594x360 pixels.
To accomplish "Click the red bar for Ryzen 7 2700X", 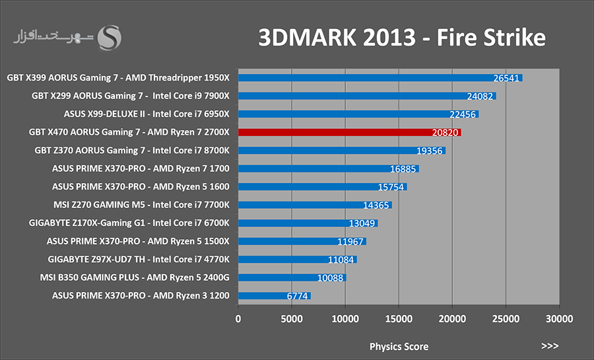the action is [x=350, y=132].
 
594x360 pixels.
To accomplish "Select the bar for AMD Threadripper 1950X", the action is [x=380, y=78].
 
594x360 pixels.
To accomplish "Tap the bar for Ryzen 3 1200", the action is [x=275, y=295].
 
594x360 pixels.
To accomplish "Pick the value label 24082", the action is [x=480, y=96].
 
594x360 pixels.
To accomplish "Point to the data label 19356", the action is [x=429, y=151].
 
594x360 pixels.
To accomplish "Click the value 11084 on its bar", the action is [x=341, y=260].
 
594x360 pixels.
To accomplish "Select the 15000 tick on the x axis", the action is [x=399, y=319].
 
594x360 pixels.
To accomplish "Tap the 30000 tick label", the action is [x=559, y=319].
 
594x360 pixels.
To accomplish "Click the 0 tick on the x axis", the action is [x=238, y=319].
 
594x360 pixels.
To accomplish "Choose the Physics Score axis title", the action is [x=399, y=346].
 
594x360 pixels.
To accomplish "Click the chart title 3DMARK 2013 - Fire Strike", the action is [x=402, y=38].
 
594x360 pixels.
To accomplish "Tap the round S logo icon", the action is [x=110, y=38].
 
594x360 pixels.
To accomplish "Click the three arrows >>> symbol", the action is [x=550, y=345].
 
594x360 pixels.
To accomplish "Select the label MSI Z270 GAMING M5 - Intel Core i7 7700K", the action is [x=141, y=205].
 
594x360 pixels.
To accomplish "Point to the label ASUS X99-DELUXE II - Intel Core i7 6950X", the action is [x=147, y=114].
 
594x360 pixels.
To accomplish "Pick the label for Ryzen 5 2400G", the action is [x=135, y=278].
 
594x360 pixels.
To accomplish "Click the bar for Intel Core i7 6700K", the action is [x=308, y=223].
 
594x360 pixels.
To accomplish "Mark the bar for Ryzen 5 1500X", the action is [x=302, y=241].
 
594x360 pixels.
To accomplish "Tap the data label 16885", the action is [x=403, y=169].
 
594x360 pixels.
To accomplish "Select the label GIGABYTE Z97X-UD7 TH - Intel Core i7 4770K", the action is [x=139, y=260].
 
